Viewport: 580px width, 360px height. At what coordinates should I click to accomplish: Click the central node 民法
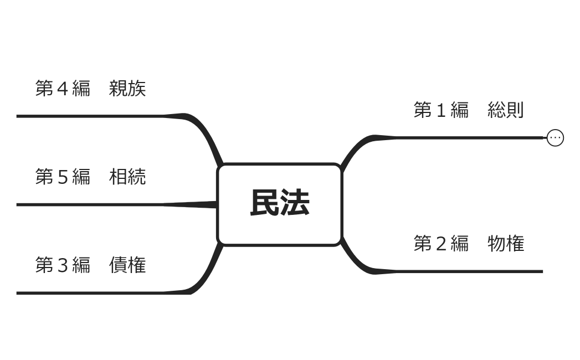[x=279, y=204]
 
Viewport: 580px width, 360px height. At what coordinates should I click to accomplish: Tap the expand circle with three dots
[x=555, y=137]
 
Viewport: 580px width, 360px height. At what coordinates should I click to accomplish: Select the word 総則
[x=505, y=110]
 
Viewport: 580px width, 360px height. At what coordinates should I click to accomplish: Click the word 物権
[x=505, y=244]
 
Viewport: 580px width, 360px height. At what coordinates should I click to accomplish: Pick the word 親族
[x=127, y=89]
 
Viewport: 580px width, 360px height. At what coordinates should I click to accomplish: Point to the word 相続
[x=127, y=177]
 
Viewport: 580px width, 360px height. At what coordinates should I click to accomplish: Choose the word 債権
[x=127, y=265]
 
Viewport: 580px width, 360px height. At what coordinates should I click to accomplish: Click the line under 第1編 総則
[x=471, y=137]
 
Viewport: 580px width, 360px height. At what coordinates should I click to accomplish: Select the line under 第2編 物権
[x=471, y=271]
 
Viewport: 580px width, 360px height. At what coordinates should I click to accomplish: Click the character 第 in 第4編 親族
[x=44, y=89]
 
